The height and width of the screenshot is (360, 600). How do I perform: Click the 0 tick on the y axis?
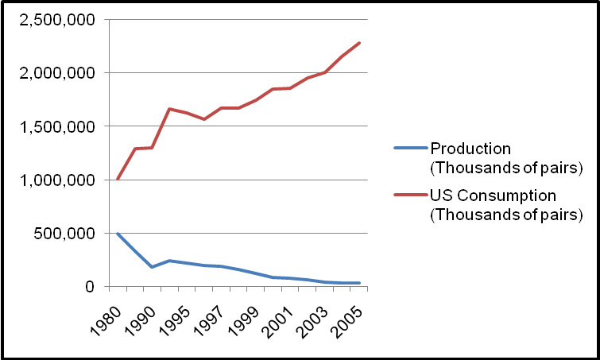tap(91, 287)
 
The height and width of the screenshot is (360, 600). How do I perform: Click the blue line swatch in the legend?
tap(410, 148)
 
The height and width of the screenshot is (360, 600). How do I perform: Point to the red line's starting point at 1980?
tap(118, 179)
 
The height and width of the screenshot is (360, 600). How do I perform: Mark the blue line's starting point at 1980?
tap(118, 234)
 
